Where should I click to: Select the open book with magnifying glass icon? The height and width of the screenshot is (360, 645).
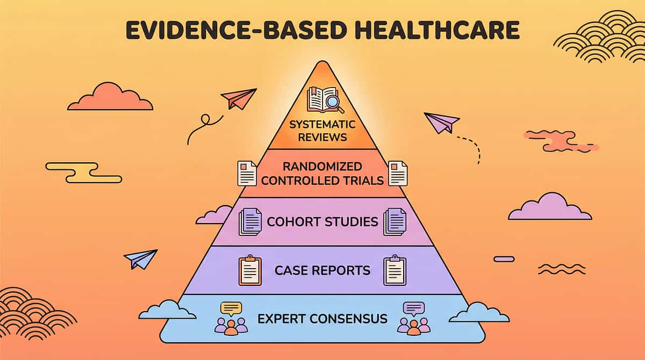point(325,100)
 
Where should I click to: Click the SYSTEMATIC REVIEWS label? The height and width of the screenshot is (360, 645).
point(322,131)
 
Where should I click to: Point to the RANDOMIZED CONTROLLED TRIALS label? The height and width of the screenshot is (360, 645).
point(322,173)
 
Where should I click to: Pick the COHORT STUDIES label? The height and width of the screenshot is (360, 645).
point(322,221)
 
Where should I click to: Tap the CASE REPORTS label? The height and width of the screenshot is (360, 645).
point(322,270)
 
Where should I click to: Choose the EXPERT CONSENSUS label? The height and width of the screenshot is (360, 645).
point(322,319)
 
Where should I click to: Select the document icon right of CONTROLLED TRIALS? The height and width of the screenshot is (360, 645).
point(398,173)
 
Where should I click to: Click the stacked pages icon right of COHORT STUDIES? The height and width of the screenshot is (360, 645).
point(395,221)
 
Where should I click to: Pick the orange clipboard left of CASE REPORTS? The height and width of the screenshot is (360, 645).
point(249,270)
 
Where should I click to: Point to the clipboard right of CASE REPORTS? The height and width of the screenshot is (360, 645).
point(395,270)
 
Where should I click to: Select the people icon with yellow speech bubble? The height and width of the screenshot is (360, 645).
point(231,318)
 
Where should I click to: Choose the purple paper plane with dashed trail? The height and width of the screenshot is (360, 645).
point(441,122)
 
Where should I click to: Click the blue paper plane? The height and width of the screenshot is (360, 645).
point(140,259)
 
